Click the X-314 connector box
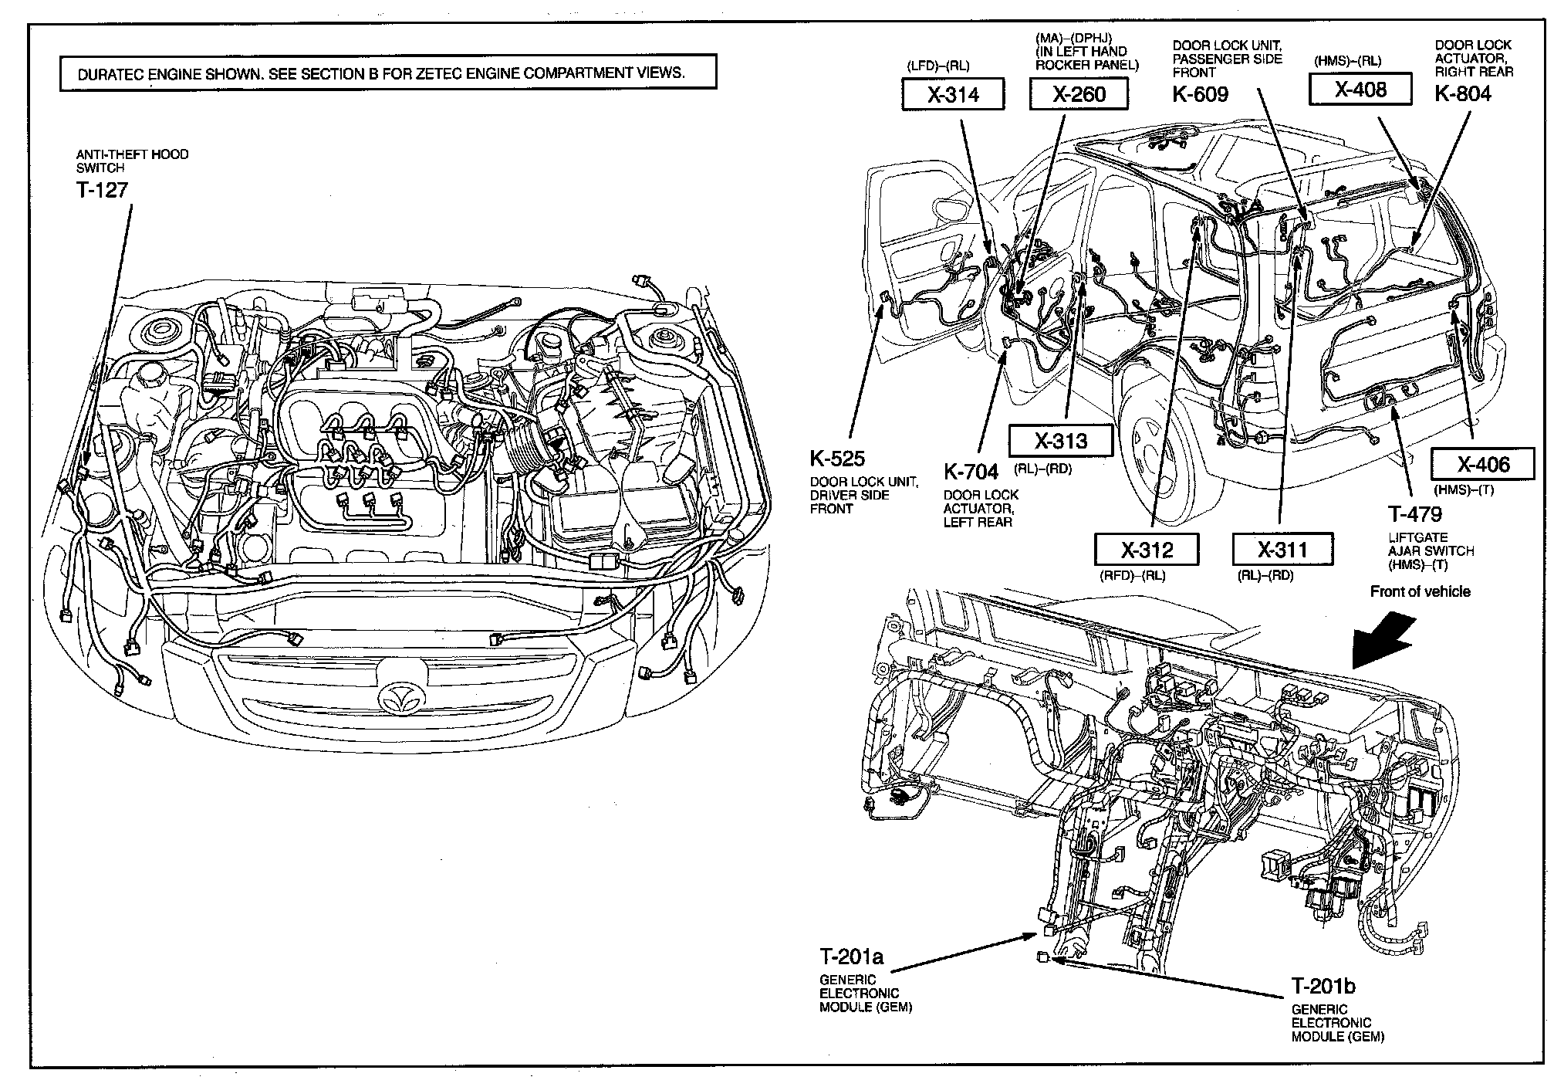(952, 94)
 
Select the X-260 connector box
(1079, 94)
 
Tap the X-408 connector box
(1360, 90)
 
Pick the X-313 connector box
(1060, 441)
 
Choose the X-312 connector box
(1147, 550)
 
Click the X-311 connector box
(1282, 550)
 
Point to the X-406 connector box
(1483, 464)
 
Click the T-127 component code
(102, 190)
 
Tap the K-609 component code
(1200, 94)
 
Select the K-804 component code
(1463, 94)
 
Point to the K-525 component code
(837, 459)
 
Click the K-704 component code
(971, 471)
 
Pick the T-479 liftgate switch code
(1414, 514)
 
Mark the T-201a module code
(851, 957)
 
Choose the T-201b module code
(1323, 987)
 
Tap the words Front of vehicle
(1420, 592)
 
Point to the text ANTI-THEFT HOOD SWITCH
(132, 161)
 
